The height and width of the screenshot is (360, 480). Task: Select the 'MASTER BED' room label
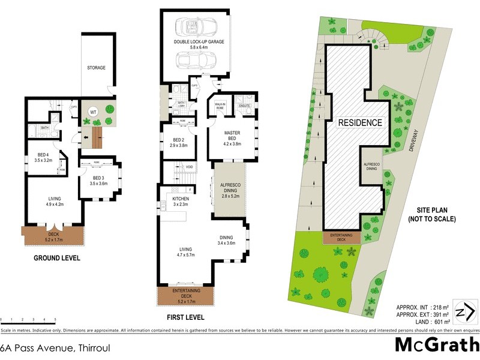232,136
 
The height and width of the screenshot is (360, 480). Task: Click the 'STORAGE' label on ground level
96,68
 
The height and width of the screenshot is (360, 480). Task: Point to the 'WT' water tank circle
94,111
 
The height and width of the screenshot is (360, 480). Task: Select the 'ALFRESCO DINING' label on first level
230,190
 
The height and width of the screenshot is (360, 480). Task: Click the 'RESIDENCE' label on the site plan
360,122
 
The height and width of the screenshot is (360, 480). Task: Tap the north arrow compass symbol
464,312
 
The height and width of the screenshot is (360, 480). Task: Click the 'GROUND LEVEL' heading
56,258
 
